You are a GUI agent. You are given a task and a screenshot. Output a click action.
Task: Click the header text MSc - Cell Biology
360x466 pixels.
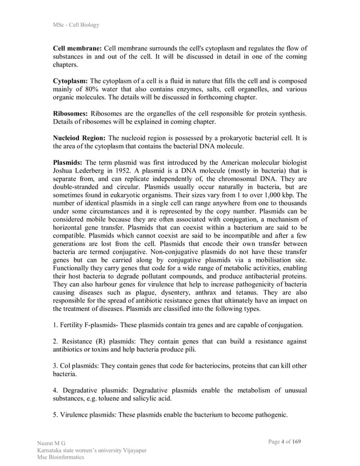(x=76, y=25)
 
